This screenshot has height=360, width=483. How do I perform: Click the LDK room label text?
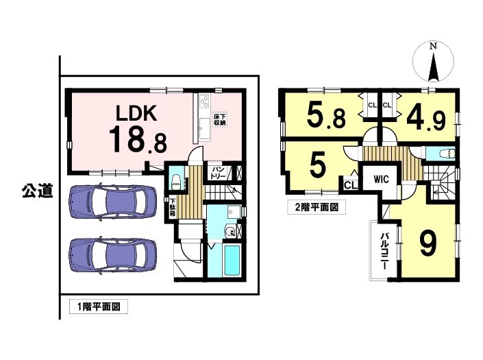[x=136, y=113]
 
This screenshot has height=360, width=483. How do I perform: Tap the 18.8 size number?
[x=138, y=140]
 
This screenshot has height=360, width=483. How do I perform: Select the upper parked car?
[x=112, y=202]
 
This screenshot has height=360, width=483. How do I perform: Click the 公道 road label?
[x=37, y=191]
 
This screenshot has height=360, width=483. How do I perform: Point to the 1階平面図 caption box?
[x=98, y=307]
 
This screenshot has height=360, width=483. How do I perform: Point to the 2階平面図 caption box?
[x=317, y=207]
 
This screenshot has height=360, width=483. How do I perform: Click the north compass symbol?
[x=433, y=62]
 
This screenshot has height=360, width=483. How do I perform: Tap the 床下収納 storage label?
[x=220, y=119]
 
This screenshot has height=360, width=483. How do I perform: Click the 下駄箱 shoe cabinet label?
[x=173, y=207]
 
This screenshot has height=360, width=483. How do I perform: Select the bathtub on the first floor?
[x=232, y=261]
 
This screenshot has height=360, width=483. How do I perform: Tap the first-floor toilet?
[x=177, y=181]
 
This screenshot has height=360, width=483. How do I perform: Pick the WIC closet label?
[x=381, y=179]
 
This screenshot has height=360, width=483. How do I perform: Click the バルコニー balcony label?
[x=384, y=251]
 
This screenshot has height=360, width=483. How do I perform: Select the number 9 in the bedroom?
[x=428, y=243]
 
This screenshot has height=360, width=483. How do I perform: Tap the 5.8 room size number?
[x=326, y=115]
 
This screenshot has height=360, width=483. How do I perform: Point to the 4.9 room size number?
[x=426, y=118]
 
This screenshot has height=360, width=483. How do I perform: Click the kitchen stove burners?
[x=204, y=101]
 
